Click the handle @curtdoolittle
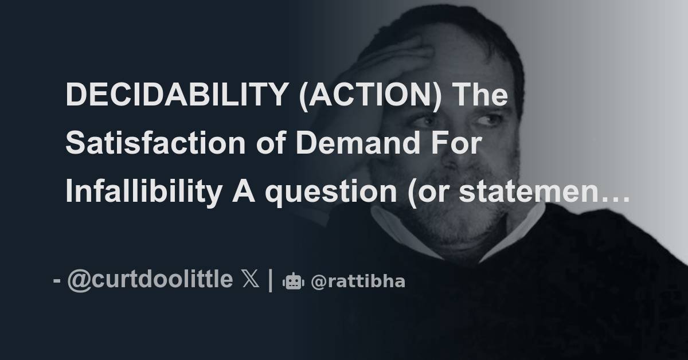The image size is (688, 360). tap(150, 280)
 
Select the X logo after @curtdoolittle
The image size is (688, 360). tap(250, 280)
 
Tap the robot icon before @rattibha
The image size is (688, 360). tap(293, 281)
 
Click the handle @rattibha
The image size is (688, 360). tap(358, 281)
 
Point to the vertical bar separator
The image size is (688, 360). tap(270, 280)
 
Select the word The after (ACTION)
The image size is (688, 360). tap(481, 95)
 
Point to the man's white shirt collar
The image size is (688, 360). tap(401, 229)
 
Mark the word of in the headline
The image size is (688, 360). tap(274, 144)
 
